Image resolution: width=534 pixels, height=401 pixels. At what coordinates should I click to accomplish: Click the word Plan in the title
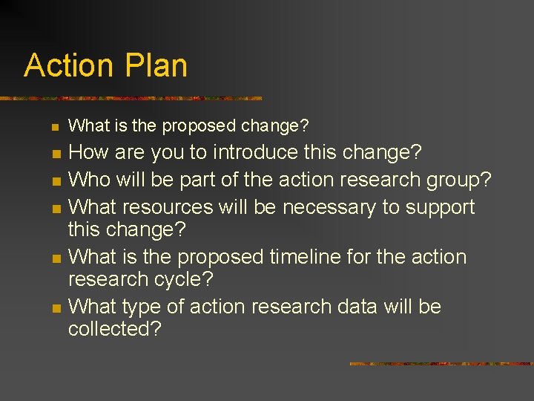point(156,65)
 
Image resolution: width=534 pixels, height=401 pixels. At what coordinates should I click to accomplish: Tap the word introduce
point(256,153)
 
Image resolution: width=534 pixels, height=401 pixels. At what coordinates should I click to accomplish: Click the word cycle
point(181,279)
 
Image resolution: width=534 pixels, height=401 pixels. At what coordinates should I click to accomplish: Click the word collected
point(115,328)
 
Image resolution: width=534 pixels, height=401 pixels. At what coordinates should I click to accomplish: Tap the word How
point(88,153)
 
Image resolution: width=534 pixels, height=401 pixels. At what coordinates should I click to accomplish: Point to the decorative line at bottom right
point(441,364)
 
